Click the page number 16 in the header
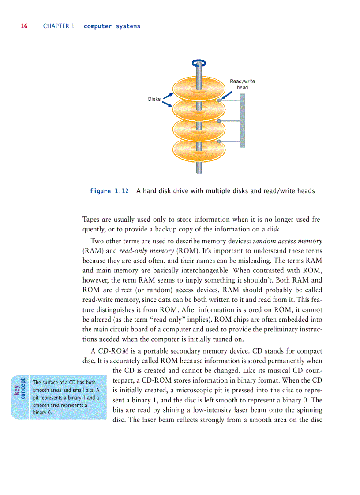24,26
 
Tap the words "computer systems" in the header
112,26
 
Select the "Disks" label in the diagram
154,99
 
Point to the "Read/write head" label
242,84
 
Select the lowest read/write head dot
219,141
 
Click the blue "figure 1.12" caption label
109,191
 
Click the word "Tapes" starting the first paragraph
92,220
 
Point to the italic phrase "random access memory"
287,242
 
